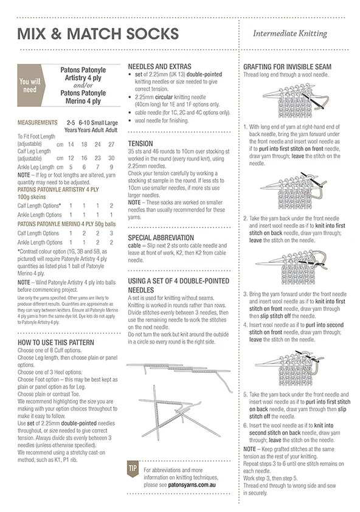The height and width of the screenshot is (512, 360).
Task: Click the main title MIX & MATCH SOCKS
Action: coord(98,34)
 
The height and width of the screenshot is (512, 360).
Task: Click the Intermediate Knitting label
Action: coord(290,33)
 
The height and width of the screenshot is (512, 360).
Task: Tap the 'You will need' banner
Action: coord(32,85)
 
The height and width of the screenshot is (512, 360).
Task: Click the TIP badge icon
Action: coord(133,469)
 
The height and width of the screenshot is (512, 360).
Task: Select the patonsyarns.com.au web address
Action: coord(192,485)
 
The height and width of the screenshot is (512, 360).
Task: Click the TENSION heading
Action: coord(140,144)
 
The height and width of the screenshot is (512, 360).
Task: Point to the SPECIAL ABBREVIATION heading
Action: coord(161,238)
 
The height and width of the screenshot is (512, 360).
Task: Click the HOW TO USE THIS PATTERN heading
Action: coord(56,342)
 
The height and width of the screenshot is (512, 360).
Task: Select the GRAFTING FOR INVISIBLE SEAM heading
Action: coord(287,67)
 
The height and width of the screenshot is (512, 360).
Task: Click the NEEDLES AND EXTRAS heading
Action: coord(159,66)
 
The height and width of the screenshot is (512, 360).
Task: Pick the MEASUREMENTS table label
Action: coord(38,123)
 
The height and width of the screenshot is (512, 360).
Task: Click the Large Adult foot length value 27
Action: coord(111,144)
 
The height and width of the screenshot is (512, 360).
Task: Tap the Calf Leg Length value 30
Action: coord(111,158)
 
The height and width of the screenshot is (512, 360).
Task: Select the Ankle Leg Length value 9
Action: coord(111,167)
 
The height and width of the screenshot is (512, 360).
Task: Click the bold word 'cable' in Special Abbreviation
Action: coord(134,246)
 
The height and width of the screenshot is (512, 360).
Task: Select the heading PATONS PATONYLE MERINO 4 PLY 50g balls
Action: coord(67,224)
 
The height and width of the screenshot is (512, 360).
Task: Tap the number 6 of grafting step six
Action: coord(245,426)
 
